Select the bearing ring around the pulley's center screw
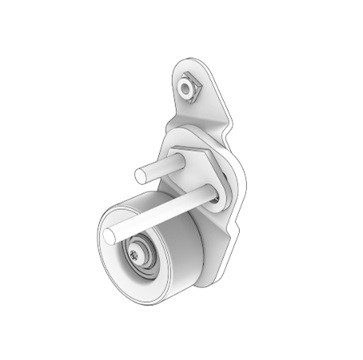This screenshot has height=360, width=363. (146, 262)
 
